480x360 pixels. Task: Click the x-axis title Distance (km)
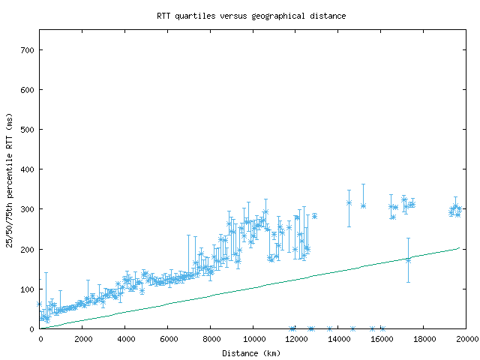(251, 353)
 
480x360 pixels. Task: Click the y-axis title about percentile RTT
(10, 180)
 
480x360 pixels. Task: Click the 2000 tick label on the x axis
(82, 340)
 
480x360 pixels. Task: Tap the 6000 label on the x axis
(168, 340)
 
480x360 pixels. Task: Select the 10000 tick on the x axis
(253, 340)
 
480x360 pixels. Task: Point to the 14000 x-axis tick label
(339, 340)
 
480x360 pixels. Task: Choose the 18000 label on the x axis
(424, 340)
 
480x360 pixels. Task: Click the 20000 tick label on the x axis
(466, 340)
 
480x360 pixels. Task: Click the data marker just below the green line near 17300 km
(409, 259)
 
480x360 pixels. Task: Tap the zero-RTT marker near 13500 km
(329, 328)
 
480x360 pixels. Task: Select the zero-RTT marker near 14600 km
(352, 328)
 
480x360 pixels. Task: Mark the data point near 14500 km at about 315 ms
(349, 202)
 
